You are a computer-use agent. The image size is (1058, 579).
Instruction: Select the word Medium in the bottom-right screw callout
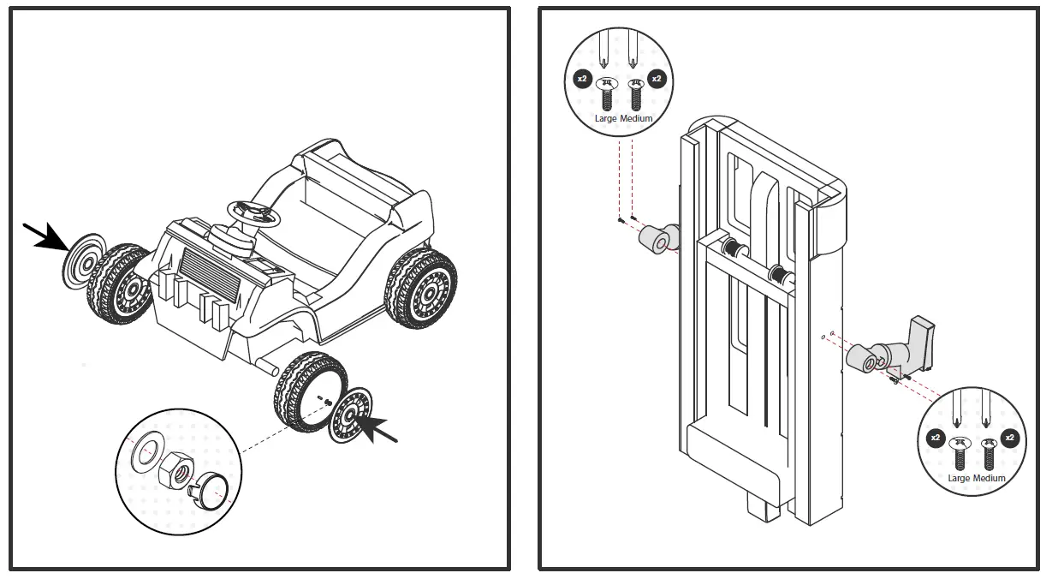(990, 478)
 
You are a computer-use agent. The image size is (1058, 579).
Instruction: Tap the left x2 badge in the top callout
(582, 79)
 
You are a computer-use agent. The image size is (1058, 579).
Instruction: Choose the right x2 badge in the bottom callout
(1010, 438)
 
